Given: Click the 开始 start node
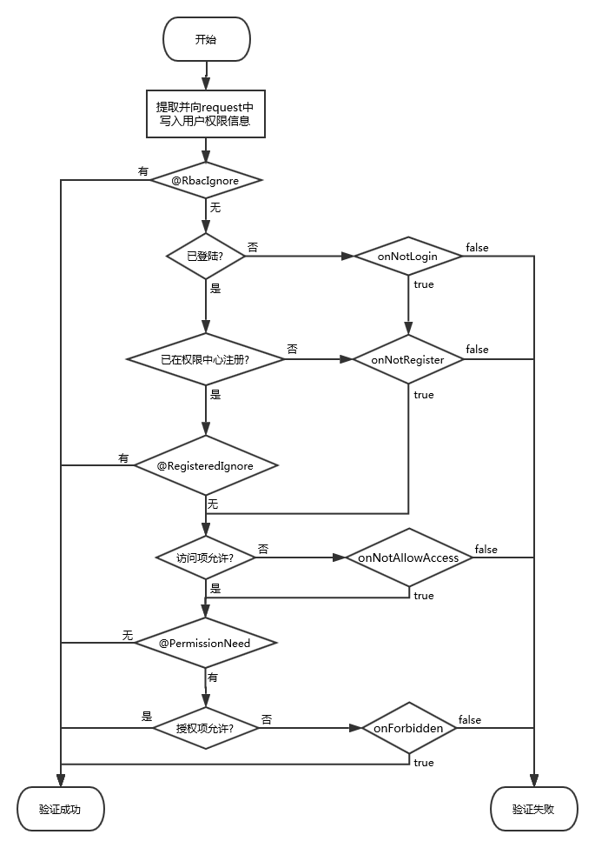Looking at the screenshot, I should (206, 40).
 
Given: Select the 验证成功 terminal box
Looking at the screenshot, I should (60, 809).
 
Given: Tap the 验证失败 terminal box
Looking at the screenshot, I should (533, 809).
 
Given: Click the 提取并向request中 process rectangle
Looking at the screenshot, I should (205, 114).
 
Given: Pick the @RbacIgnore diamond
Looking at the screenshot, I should (205, 180).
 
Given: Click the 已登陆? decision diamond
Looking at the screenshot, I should (205, 256).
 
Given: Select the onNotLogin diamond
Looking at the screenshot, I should (408, 256).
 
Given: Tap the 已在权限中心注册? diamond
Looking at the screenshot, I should (205, 358).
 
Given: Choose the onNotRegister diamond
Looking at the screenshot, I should (408, 358).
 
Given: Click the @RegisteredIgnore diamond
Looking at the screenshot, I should (205, 465).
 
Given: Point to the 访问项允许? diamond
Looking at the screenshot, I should (205, 557).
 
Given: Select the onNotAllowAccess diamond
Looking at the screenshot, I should (408, 557).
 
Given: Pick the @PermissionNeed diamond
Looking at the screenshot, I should (205, 643).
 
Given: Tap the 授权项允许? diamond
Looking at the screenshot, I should (205, 728).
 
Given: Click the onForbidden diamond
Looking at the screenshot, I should (408, 728).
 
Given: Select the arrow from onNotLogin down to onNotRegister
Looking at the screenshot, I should (408, 304).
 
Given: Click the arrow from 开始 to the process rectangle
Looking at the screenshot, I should (206, 76).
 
